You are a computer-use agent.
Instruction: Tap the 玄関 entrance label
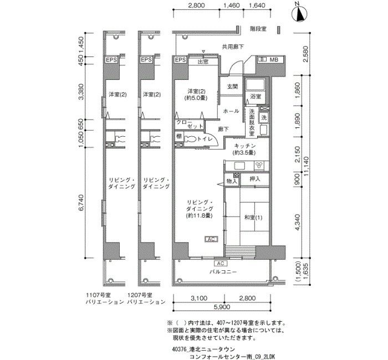coord(232,86)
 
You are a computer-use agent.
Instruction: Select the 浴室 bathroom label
coord(256,96)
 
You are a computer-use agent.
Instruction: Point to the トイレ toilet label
coord(205,139)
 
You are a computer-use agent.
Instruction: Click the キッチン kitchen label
coord(244,146)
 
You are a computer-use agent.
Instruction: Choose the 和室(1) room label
coord(253,218)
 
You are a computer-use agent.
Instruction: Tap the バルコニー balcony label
coord(223,272)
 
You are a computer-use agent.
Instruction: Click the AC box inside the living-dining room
coord(211,239)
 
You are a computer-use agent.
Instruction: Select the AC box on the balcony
coord(221,263)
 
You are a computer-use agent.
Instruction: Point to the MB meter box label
coord(274,60)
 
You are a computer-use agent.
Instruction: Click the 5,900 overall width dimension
coord(221,307)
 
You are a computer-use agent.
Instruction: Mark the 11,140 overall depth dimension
coord(307,167)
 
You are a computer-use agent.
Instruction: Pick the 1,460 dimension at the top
coord(232,5)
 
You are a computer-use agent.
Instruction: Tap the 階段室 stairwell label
coord(258,29)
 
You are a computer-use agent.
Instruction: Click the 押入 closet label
coord(254,179)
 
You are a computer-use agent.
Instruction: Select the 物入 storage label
coord(232,181)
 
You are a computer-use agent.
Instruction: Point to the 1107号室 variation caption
coord(104,299)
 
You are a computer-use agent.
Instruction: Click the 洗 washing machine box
coord(264,117)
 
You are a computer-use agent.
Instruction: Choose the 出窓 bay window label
coord(203,61)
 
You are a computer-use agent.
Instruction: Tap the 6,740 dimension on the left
coord(81,203)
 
